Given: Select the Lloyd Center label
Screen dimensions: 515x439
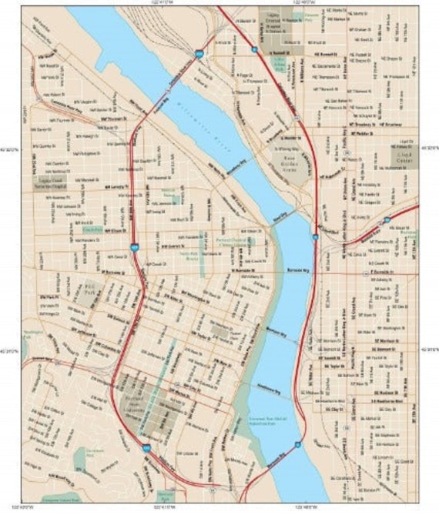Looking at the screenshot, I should click(x=405, y=159).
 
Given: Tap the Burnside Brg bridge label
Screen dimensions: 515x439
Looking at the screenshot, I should click(x=295, y=272).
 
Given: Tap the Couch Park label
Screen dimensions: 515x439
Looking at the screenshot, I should click(x=92, y=230).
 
